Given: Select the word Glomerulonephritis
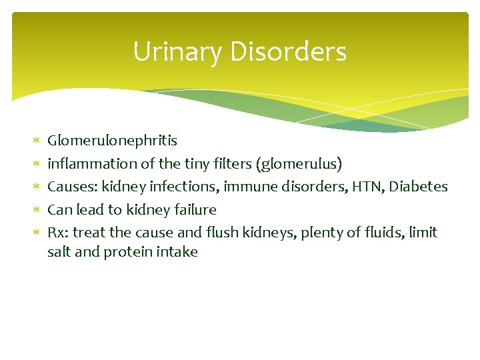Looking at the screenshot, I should point(112,141).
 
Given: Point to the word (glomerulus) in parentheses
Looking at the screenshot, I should point(299,163).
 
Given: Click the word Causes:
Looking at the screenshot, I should point(72,187).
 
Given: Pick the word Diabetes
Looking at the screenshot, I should point(419,187).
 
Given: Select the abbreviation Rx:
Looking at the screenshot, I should point(58,233).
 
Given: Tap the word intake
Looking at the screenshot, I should point(178,253).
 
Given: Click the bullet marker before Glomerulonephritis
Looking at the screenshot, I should point(37,141).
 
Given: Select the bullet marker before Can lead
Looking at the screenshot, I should point(37,210).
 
